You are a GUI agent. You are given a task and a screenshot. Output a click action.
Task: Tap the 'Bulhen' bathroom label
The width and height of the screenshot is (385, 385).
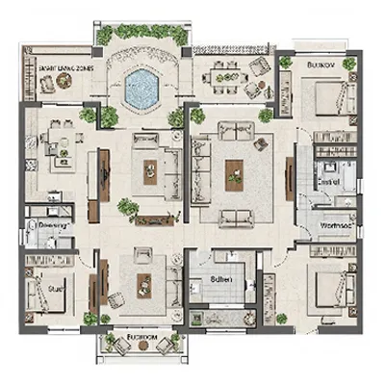[217, 281]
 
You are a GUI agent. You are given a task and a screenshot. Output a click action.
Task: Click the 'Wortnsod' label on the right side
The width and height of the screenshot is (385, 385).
[336, 225]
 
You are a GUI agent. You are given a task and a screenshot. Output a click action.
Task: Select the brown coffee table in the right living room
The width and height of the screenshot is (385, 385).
[234, 172]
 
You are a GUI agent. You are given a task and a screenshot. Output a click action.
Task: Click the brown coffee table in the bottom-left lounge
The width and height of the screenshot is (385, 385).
[143, 283]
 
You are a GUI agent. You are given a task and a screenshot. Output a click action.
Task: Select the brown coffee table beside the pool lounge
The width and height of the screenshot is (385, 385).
[151, 172]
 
